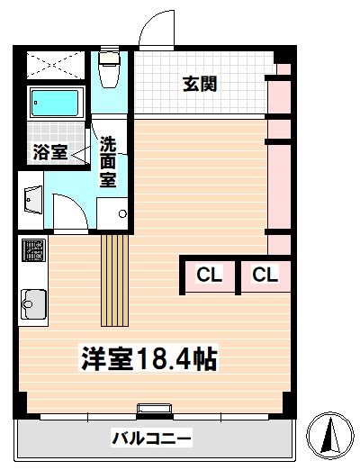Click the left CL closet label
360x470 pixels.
pos(210,275)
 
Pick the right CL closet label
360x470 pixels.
pos(265,275)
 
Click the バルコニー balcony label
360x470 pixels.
pos(151,438)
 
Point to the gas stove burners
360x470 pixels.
pos(34,249)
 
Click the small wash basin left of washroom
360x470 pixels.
pos(31,200)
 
